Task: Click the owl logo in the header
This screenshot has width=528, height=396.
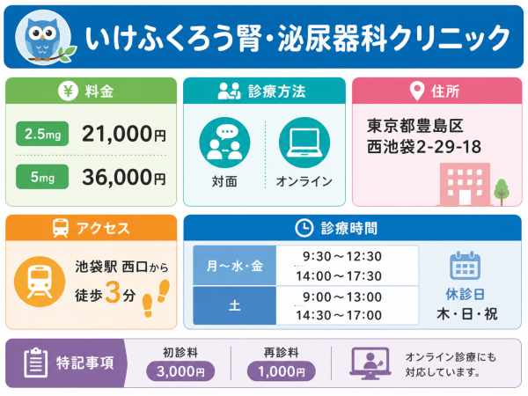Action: (x=45, y=38)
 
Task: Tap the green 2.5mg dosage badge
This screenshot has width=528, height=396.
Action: (x=42, y=134)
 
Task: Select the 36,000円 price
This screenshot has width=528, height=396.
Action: (x=124, y=177)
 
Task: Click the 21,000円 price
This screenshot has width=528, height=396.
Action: (x=124, y=134)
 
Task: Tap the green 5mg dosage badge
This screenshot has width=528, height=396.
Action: (x=42, y=177)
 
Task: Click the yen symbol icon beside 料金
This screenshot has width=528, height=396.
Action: (x=68, y=91)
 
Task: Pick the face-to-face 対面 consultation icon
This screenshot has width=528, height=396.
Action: (x=224, y=143)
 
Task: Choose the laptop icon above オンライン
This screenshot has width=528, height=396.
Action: (x=304, y=143)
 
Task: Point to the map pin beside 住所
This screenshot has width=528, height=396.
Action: (x=417, y=91)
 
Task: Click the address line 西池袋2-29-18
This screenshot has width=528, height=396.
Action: (x=424, y=147)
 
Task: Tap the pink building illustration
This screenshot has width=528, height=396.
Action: (x=465, y=184)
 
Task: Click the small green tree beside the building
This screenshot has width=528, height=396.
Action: (x=502, y=192)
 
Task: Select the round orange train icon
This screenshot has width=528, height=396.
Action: (x=40, y=282)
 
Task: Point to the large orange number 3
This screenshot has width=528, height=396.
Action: (x=113, y=292)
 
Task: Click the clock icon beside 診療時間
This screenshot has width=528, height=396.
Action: (x=304, y=228)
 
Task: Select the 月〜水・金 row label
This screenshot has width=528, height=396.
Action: (x=235, y=266)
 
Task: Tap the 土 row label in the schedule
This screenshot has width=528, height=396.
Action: (x=235, y=305)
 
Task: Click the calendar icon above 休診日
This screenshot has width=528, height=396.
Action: (x=465, y=266)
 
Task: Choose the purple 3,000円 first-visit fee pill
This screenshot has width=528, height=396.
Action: (x=180, y=371)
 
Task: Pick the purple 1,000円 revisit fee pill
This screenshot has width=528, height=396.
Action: (x=282, y=371)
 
